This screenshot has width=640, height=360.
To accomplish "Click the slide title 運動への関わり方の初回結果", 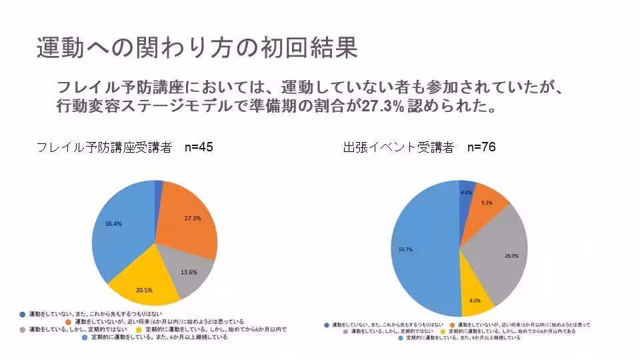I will [x=197, y=48].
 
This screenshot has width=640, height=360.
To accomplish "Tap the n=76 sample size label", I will [x=481, y=147].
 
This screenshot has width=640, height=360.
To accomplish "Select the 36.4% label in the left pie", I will [x=113, y=224].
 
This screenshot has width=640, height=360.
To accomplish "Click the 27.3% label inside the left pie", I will [x=193, y=218].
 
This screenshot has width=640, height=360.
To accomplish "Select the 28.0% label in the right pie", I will [x=511, y=255].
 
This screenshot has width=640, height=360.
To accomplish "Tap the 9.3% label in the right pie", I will [x=487, y=203].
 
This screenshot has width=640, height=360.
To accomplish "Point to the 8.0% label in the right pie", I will [x=475, y=301].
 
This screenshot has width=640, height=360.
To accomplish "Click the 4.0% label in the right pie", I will [x=466, y=192].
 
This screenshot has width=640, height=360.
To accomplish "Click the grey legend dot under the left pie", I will [x=23, y=329].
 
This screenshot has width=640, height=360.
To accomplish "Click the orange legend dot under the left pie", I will [x=69, y=321].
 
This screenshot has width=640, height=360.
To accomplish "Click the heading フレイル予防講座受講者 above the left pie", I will [x=104, y=147].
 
